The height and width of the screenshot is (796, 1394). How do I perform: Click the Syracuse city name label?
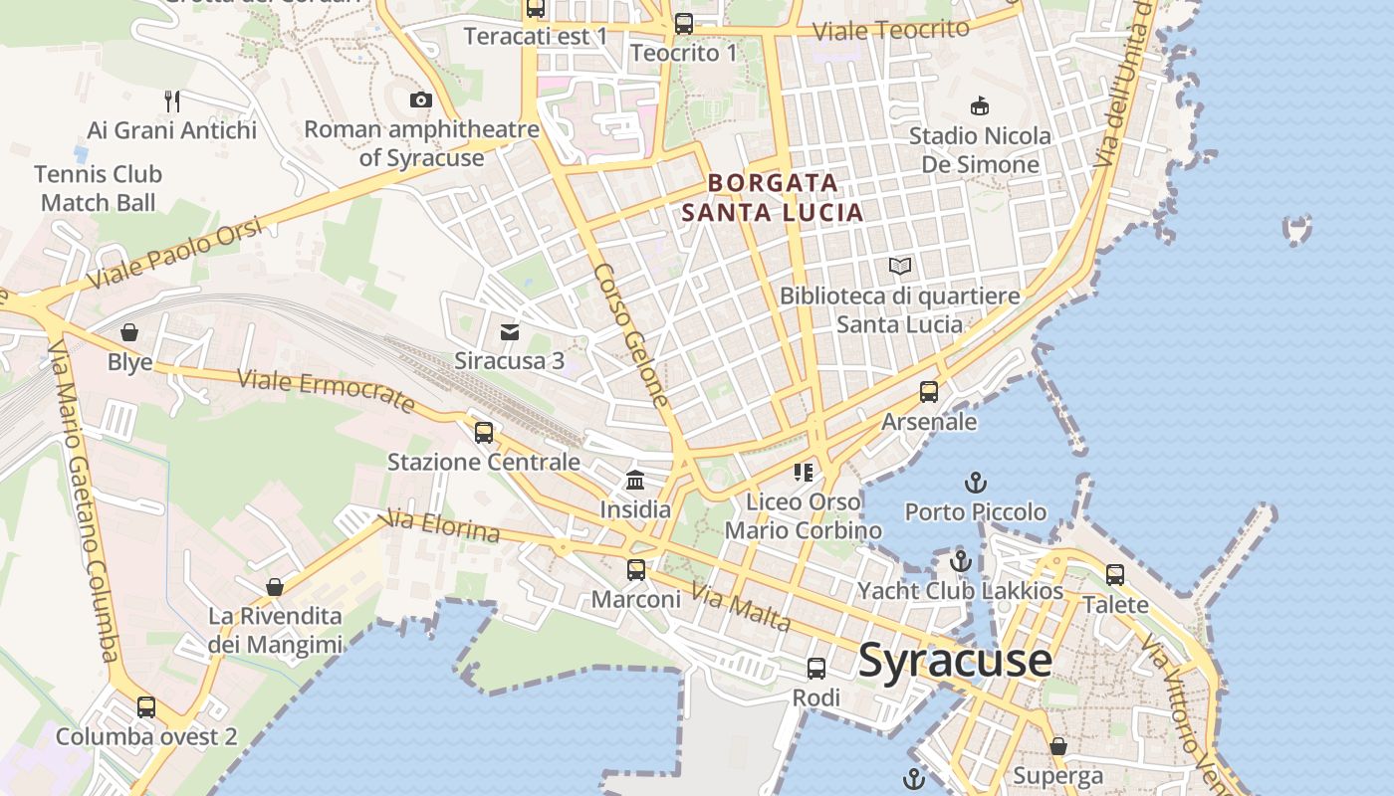click(955, 660)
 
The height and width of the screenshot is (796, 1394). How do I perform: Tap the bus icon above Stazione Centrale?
click(484, 432)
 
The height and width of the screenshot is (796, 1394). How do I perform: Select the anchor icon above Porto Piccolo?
click(976, 483)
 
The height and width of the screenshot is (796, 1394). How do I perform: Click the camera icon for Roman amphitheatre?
click(421, 99)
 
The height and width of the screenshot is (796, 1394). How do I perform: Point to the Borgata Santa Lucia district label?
click(773, 197)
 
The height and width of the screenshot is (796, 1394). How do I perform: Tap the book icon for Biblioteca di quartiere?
click(900, 266)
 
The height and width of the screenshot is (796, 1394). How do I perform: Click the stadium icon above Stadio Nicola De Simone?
click(980, 105)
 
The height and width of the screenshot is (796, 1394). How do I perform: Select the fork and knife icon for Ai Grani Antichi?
click(172, 100)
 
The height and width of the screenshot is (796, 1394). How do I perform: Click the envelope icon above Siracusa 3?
click(510, 331)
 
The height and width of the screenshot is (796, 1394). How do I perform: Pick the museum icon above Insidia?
click(635, 481)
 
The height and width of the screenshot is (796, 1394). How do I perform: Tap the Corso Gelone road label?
click(631, 335)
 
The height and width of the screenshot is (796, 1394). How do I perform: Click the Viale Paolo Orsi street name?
click(174, 254)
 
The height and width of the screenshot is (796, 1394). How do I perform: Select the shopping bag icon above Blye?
click(129, 331)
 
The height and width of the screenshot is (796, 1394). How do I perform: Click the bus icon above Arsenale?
click(929, 391)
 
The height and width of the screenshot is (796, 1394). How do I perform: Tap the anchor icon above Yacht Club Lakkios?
click(960, 561)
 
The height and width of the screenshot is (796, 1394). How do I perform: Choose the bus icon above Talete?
click(1115, 574)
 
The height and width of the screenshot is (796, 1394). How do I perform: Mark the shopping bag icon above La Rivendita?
click(275, 587)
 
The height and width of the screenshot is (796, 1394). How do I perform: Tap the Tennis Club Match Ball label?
click(98, 188)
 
